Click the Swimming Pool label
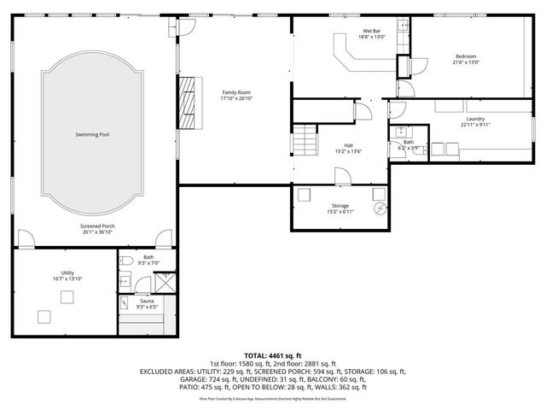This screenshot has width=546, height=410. point(92,134)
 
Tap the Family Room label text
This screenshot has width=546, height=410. point(237,92)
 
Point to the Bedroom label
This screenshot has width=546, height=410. point(466,56)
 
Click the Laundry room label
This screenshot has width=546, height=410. point(477,118)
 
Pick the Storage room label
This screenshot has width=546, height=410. point(340,206)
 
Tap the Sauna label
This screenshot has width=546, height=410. point(147,301)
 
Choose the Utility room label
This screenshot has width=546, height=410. point(67,272)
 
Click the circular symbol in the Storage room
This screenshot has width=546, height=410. point(380,208)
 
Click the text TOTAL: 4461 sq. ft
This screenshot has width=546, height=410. point(273,354)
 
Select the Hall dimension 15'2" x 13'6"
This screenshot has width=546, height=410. point(348,151)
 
